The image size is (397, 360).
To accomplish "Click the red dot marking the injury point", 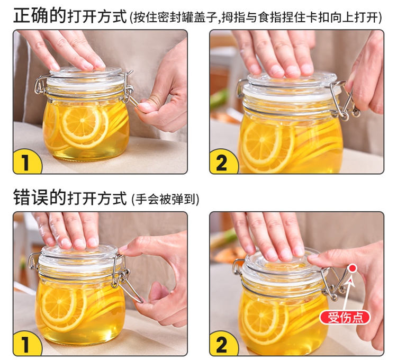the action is (353, 268).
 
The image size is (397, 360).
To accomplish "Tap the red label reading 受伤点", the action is (345, 317).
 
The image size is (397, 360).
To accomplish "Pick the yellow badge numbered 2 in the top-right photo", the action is (222, 162).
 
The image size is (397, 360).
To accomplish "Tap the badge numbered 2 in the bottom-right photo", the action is (222, 344).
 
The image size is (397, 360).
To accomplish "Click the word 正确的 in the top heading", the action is (40, 16).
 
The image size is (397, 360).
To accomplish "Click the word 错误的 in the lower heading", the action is (40, 197).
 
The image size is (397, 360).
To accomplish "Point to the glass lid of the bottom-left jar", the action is (79, 254).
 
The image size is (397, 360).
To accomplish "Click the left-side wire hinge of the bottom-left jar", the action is (33, 262).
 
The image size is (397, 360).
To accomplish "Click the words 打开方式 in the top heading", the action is (97, 16).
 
